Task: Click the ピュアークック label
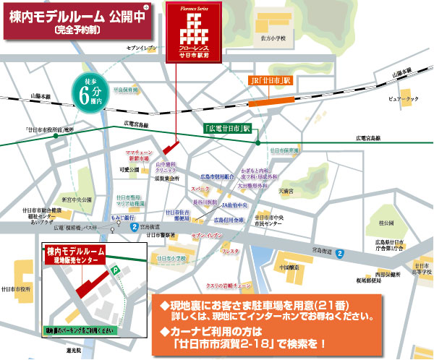404,99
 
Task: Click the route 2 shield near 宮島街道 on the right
339,254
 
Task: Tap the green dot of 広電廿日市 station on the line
258,143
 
